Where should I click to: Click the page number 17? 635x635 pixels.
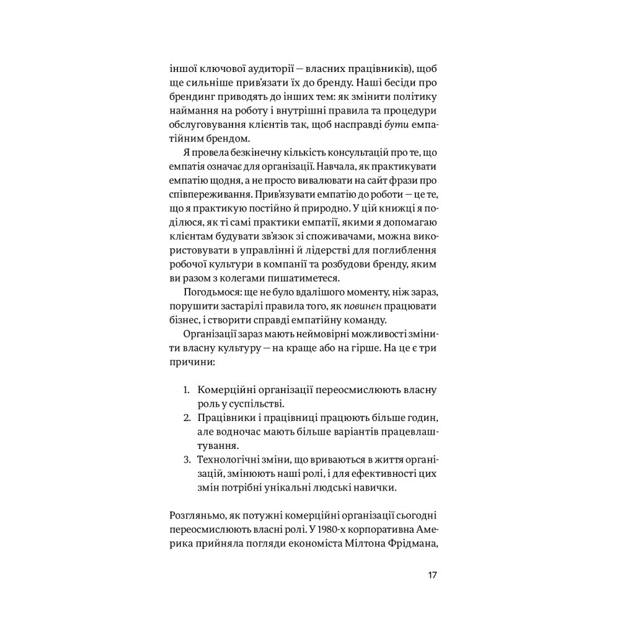(x=433, y=575)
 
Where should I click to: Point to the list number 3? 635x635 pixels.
(x=185, y=460)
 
